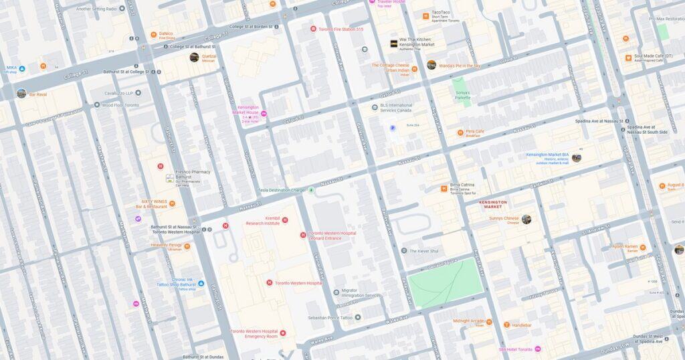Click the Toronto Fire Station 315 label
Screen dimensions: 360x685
341,29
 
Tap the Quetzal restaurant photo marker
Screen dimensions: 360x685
194,58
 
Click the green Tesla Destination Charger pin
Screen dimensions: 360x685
310,190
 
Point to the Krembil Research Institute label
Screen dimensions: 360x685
262,221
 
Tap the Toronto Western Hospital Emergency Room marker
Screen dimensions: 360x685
283,333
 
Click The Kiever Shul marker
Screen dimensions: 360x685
403,251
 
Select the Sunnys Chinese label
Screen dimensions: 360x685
504,219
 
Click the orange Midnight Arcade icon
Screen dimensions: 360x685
488,323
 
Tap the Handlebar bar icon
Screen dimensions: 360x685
507,325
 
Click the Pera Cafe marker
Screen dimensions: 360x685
460,132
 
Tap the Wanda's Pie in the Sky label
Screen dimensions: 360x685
460,66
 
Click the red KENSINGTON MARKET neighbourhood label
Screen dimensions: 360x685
493,204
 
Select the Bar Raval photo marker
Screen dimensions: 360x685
21,93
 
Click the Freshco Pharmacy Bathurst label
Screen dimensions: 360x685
193,172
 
